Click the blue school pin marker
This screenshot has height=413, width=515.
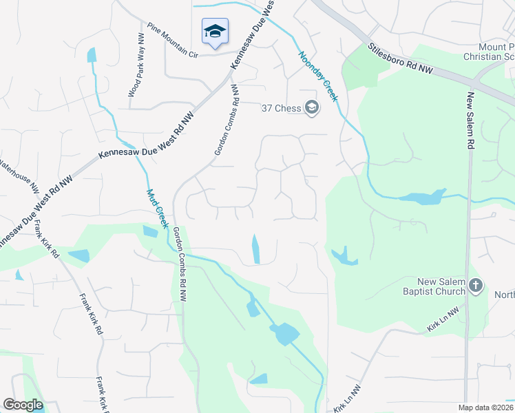[x=215, y=32]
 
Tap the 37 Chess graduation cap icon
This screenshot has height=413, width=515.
[x=312, y=107]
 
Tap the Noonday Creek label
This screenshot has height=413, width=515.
[x=317, y=76]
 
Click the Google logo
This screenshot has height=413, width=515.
[x=23, y=405]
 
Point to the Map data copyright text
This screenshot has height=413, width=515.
[x=485, y=407]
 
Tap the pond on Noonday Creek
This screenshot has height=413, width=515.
[x=421, y=198]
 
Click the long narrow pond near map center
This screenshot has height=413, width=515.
[x=256, y=248]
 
